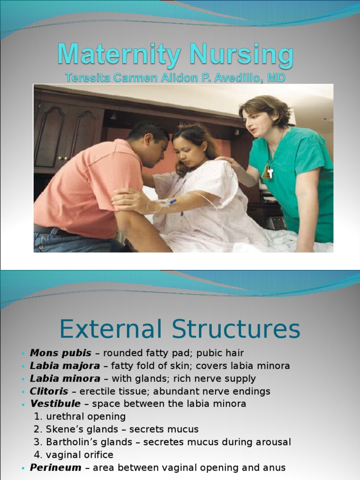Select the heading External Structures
point(180,329)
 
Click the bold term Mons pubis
point(60,353)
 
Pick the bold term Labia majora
point(65,366)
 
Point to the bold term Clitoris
point(49,391)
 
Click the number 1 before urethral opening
point(37,416)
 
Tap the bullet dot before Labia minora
point(22,379)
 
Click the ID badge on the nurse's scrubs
point(268,172)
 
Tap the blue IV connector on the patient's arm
point(172,202)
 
